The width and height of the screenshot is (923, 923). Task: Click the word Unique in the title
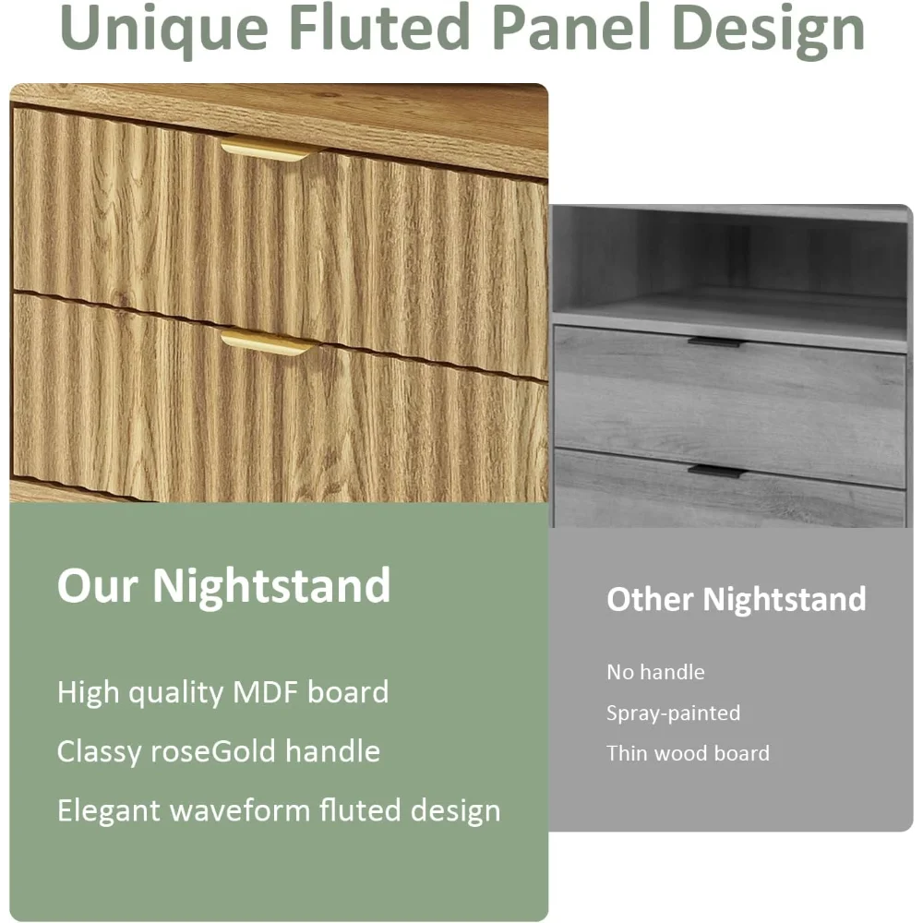pos(164,30)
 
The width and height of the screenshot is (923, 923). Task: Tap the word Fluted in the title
pos(379,27)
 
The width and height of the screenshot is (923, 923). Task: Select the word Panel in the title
pos(571,27)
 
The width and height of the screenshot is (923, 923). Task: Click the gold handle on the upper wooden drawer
pos(268,149)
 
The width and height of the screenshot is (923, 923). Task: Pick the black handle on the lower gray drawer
pos(717,471)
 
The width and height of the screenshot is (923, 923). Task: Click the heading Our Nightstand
pos(224,585)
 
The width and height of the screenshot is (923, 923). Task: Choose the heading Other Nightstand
pos(737,599)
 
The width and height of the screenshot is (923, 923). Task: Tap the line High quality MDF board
pos(223,693)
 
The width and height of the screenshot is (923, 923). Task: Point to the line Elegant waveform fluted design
pos(279,811)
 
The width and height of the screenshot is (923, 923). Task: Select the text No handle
pos(655,672)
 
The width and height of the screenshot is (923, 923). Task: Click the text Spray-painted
pos(674,713)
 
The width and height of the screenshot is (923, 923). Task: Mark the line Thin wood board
pos(689,753)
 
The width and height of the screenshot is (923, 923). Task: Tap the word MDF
pos(266,692)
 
